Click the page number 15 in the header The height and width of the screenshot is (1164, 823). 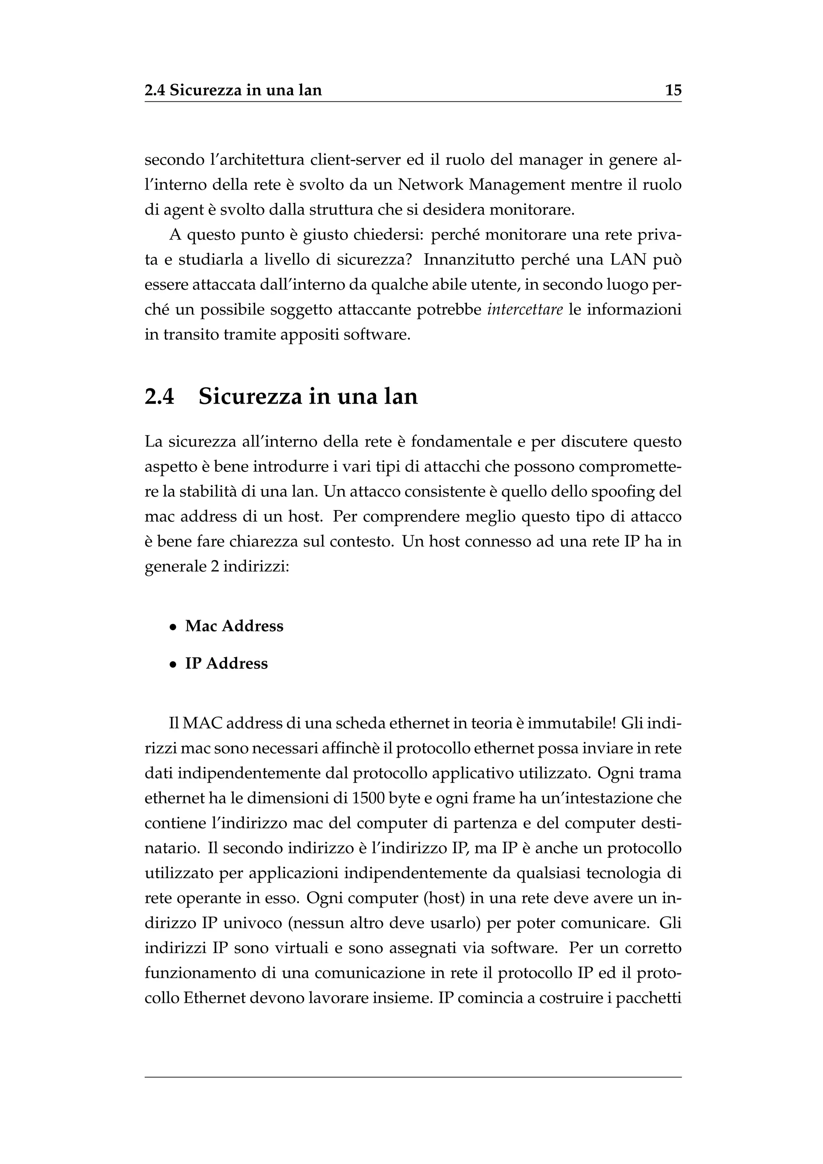pyautogui.click(x=673, y=91)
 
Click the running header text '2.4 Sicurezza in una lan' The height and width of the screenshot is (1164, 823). pyautogui.click(x=233, y=91)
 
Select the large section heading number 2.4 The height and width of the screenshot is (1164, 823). pyautogui.click(x=159, y=396)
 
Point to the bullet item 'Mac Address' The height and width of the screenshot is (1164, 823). pyautogui.click(x=234, y=626)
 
